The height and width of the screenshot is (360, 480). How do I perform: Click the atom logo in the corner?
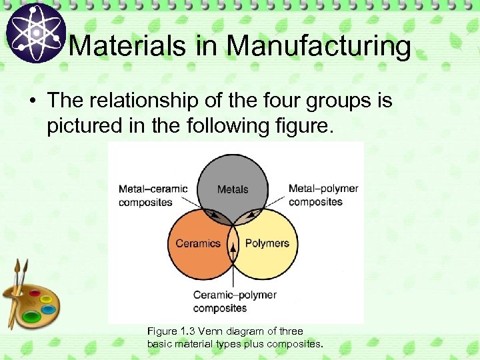[35, 33]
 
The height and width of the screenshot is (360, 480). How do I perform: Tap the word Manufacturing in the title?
[318, 46]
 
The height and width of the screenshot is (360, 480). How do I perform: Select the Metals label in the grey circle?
[233, 189]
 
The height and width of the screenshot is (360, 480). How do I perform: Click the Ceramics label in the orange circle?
[198, 243]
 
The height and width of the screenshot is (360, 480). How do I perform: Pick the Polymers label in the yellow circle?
[267, 243]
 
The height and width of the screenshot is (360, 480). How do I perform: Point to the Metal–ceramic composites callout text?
[153, 195]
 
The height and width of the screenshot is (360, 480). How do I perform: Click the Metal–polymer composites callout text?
[323, 195]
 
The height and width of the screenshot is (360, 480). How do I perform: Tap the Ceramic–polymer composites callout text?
[235, 301]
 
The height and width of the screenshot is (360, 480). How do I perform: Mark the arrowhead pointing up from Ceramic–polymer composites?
[233, 247]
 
